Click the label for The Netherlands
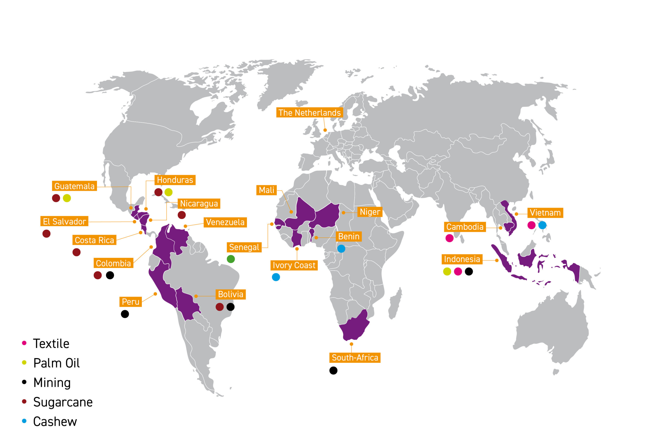pyautogui.click(x=310, y=113)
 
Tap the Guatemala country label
pyautogui.click(x=74, y=186)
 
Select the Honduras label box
pyautogui.click(x=175, y=180)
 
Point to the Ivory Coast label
pyautogui.click(x=294, y=265)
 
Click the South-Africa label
pyautogui.click(x=355, y=358)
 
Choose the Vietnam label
pyautogui.click(x=545, y=213)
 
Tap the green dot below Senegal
pyautogui.click(x=231, y=259)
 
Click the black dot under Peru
pyautogui.click(x=125, y=314)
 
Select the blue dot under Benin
pyautogui.click(x=341, y=248)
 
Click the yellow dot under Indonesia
pyautogui.click(x=447, y=272)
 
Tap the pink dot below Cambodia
pyautogui.click(x=449, y=238)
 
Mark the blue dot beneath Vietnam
pyautogui.click(x=542, y=225)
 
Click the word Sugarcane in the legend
pyautogui.click(x=63, y=402)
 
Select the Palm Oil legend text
pyautogui.click(x=56, y=363)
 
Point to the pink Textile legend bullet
pyautogui.click(x=24, y=343)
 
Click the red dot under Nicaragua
pyautogui.click(x=182, y=215)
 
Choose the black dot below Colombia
pyautogui.click(x=110, y=275)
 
